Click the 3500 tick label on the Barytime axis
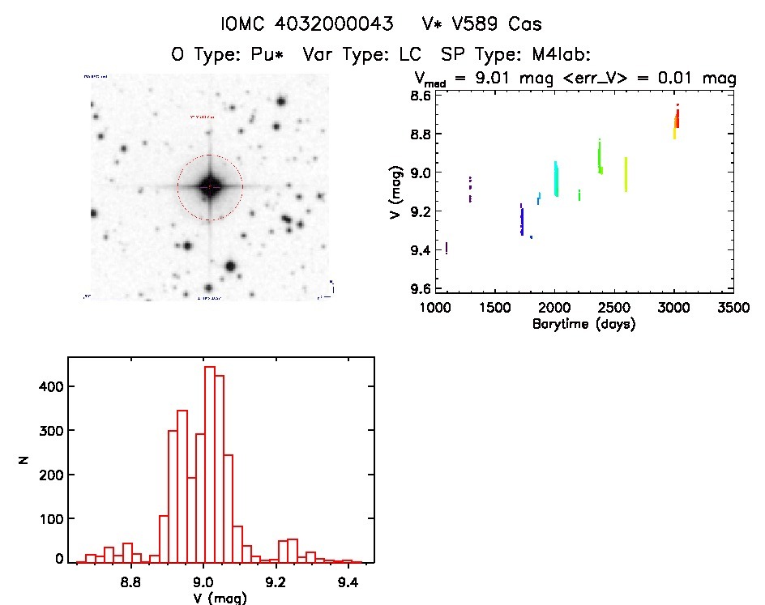[x=733, y=309]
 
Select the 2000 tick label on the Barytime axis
[x=554, y=309]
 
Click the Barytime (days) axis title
[x=583, y=324]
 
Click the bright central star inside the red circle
[x=210, y=187]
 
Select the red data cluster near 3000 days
[x=677, y=118]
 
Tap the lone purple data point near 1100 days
[x=447, y=248]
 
